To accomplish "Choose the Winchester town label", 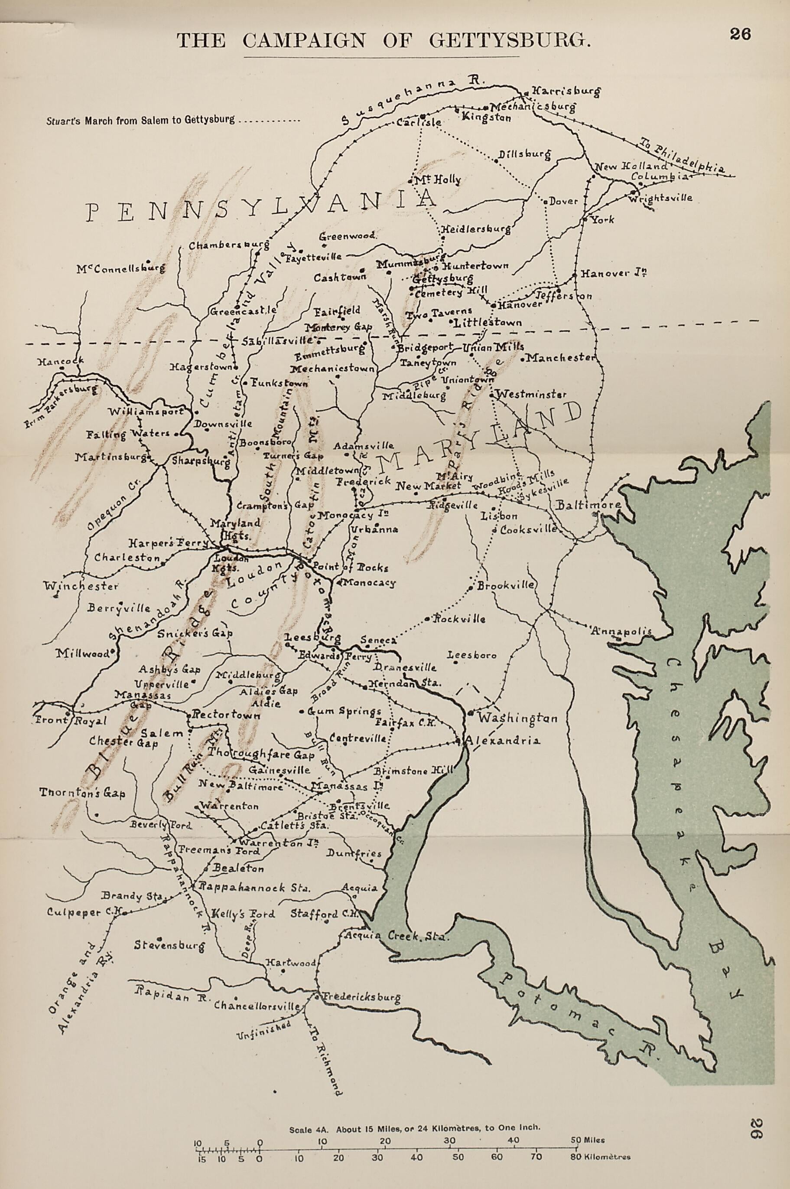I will click(x=81, y=586).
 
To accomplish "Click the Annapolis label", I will click(x=624, y=631).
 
